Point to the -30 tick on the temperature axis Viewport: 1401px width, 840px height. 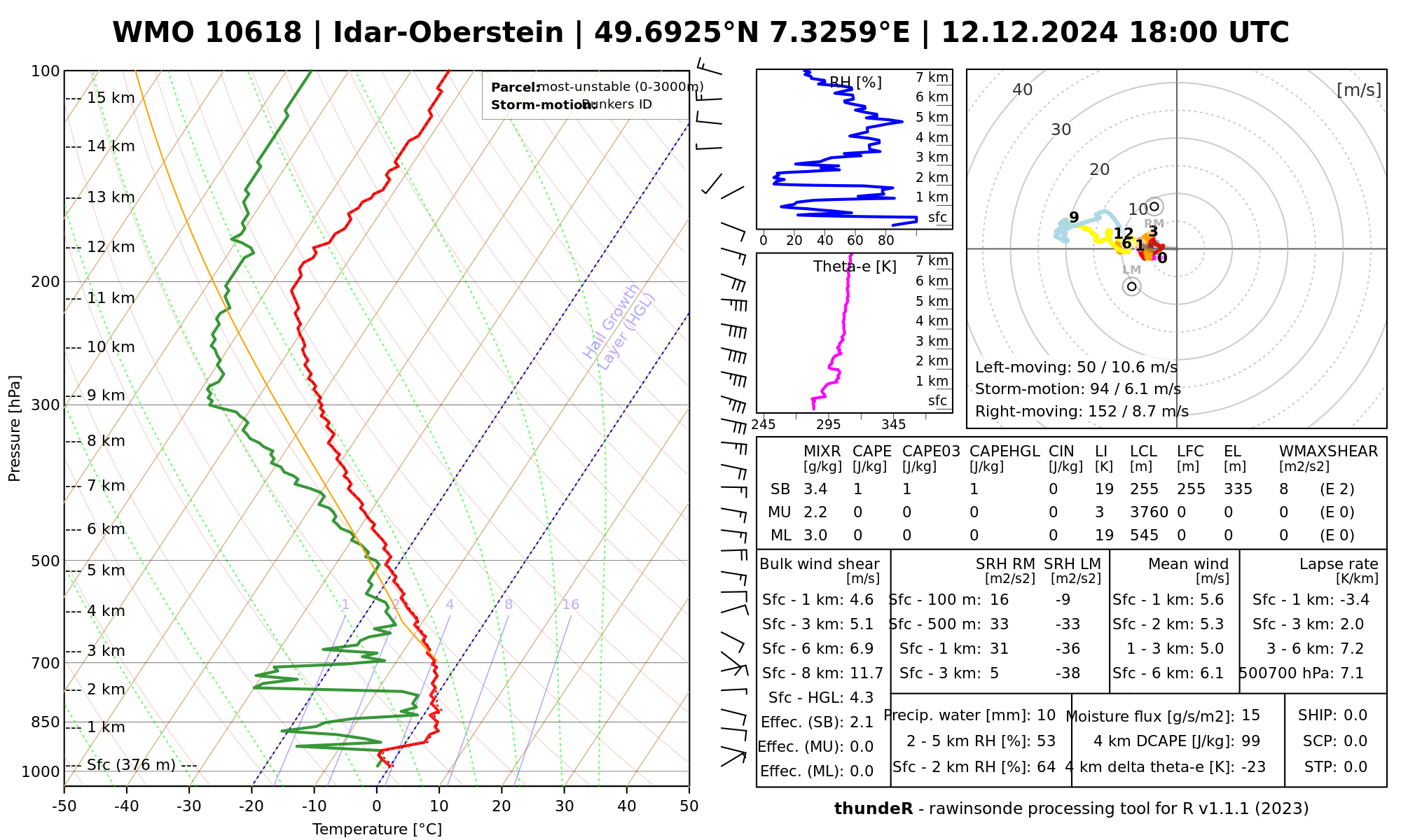pyautogui.click(x=189, y=806)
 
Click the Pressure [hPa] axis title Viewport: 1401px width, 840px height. pyautogui.click(x=15, y=428)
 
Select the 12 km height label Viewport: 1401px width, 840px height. pyautogui.click(x=111, y=247)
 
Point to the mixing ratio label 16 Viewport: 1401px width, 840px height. pyautogui.click(x=570, y=605)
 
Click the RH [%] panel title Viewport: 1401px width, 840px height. pyautogui.click(x=855, y=83)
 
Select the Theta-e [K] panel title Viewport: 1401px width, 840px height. pyautogui.click(x=855, y=267)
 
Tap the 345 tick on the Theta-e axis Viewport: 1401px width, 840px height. pyautogui.click(x=893, y=425)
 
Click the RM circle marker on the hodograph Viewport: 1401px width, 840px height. pyautogui.click(x=1154, y=206)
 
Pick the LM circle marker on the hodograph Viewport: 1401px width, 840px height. pyautogui.click(x=1131, y=286)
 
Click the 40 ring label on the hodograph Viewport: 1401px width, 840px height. pyautogui.click(x=1023, y=90)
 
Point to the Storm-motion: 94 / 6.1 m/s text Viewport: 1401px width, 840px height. pyautogui.click(x=1077, y=389)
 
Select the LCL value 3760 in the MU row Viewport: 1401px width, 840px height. pyautogui.click(x=1149, y=512)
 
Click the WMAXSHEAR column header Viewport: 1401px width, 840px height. pyautogui.click(x=1328, y=451)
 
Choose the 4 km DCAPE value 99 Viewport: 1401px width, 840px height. pyautogui.click(x=1250, y=741)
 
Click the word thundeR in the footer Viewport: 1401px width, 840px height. pyautogui.click(x=873, y=809)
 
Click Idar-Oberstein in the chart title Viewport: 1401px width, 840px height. pyautogui.click(x=448, y=33)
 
